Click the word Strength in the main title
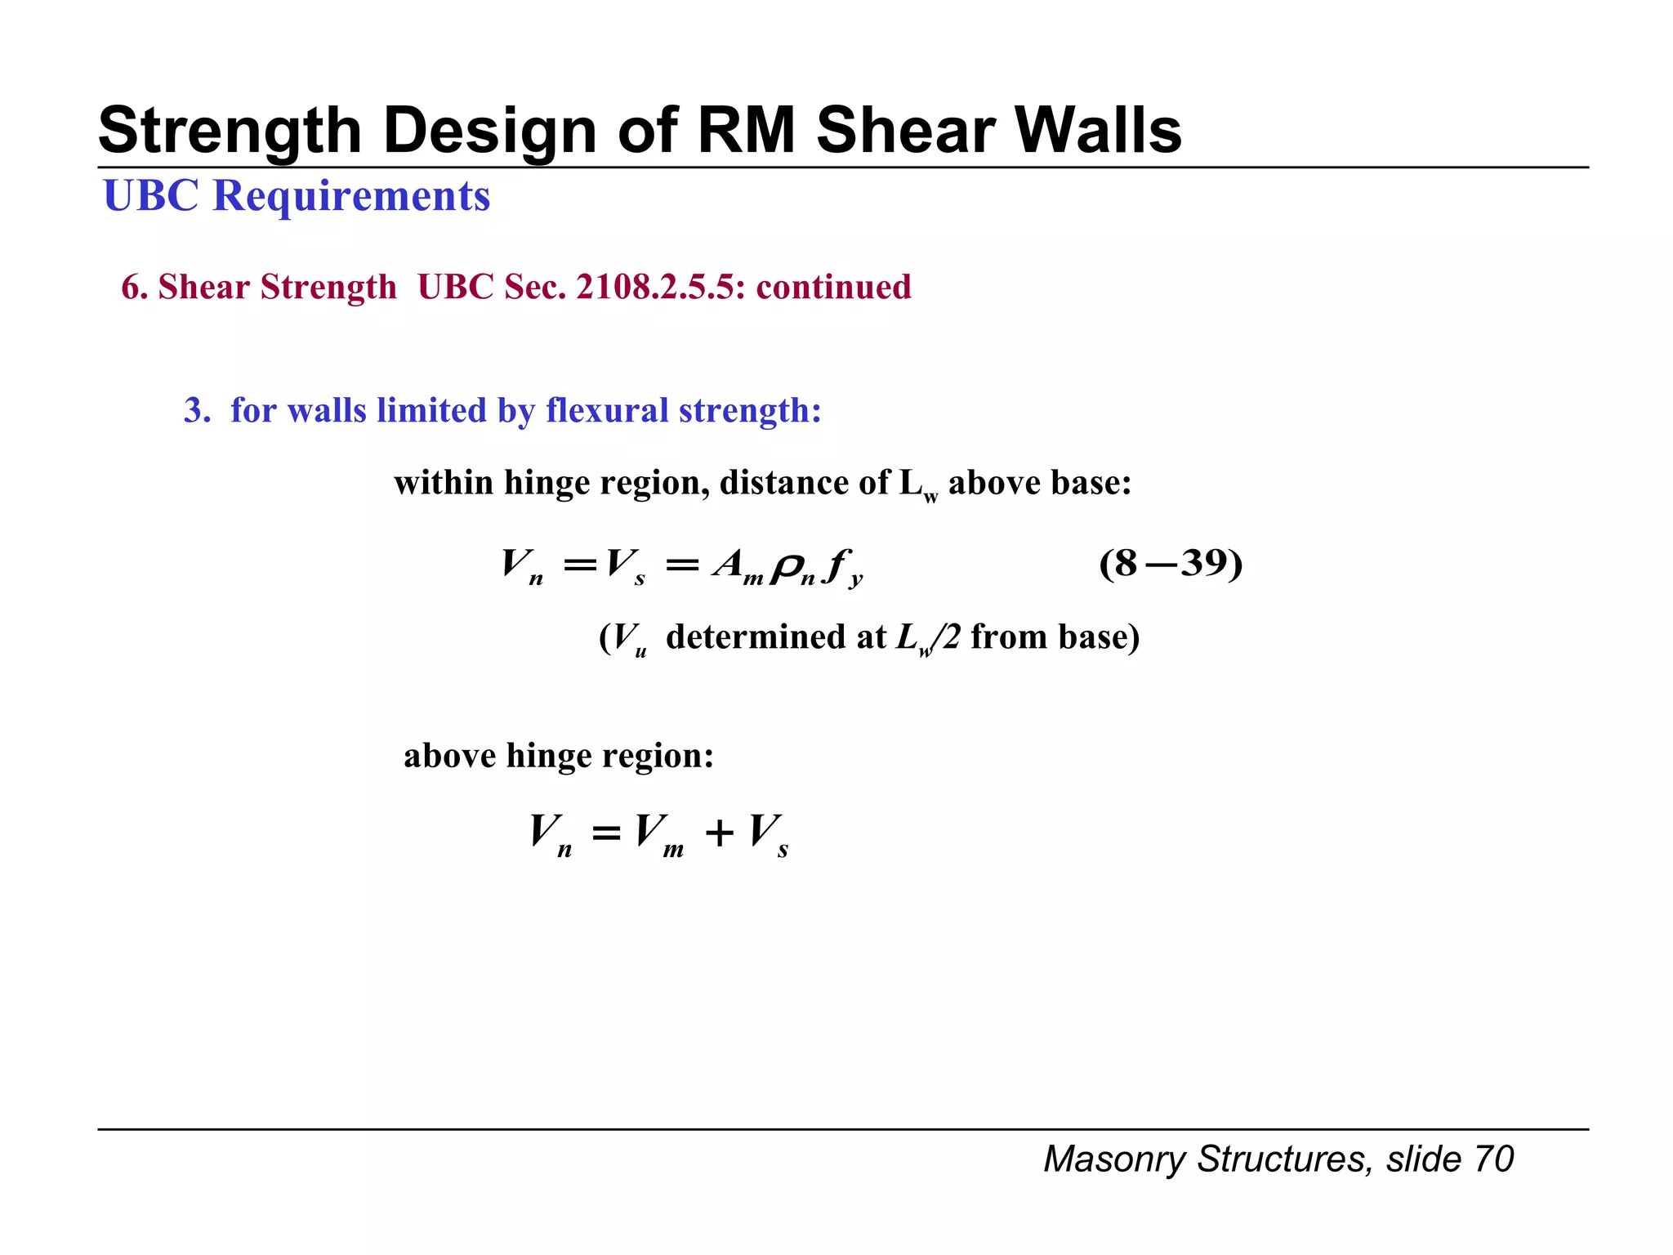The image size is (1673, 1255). tap(230, 132)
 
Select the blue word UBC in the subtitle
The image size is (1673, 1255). tap(151, 196)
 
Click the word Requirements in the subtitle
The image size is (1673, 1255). tap(351, 197)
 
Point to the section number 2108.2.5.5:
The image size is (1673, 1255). tap(661, 287)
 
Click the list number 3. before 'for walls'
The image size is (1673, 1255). tap(197, 410)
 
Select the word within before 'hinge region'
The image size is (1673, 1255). tap(444, 483)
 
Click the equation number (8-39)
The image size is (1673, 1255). tap(1171, 563)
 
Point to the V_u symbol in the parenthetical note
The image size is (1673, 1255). tap(629, 638)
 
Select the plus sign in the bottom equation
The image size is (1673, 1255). tap(719, 833)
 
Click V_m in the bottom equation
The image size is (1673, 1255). tap(658, 834)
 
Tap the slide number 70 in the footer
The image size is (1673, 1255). tap(1494, 1159)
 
